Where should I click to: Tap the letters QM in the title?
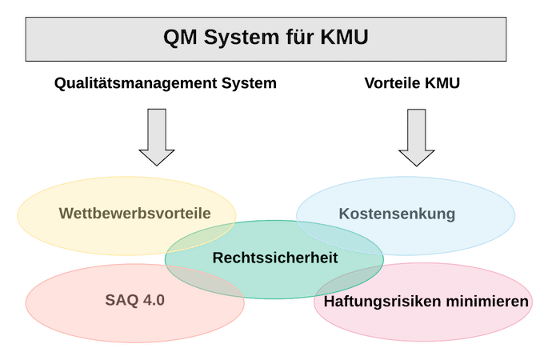point(178,38)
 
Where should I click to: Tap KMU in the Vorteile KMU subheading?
point(444,82)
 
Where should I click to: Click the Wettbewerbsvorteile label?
point(134,214)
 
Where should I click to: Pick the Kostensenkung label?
point(397,214)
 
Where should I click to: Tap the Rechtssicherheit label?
point(275,258)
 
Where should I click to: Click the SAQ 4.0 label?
point(134,302)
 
